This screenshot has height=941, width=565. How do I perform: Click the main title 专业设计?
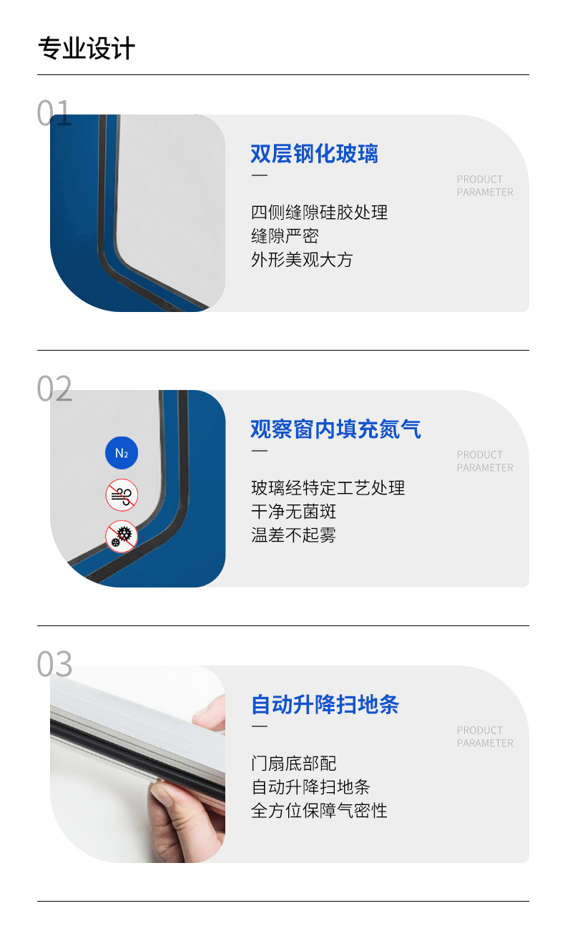[87, 49]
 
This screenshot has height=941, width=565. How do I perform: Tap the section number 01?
[54, 113]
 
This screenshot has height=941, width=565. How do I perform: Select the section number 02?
[54, 389]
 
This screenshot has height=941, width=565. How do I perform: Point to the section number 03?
[54, 664]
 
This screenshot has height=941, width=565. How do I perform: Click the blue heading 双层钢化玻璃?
[315, 153]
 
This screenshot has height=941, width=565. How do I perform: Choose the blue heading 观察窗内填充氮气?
[336, 429]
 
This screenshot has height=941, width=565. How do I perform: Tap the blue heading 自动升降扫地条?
[325, 704]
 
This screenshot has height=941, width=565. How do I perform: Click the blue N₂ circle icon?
[122, 453]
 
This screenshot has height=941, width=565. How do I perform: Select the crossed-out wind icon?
[122, 495]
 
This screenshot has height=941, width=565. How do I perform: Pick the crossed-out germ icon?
[122, 537]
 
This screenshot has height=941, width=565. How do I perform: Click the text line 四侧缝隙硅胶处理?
[320, 213]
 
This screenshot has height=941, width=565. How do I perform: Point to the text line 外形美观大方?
[302, 260]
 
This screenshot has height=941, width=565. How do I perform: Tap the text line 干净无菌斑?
[293, 512]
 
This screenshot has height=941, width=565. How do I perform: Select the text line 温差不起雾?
[293, 535]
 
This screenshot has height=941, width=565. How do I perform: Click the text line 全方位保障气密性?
[319, 811]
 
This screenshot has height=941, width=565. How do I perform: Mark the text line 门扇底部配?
[293, 764]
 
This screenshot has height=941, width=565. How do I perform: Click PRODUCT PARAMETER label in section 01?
[485, 185]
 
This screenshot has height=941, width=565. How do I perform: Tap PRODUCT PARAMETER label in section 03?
[485, 737]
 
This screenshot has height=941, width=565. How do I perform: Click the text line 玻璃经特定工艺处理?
[328, 488]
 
